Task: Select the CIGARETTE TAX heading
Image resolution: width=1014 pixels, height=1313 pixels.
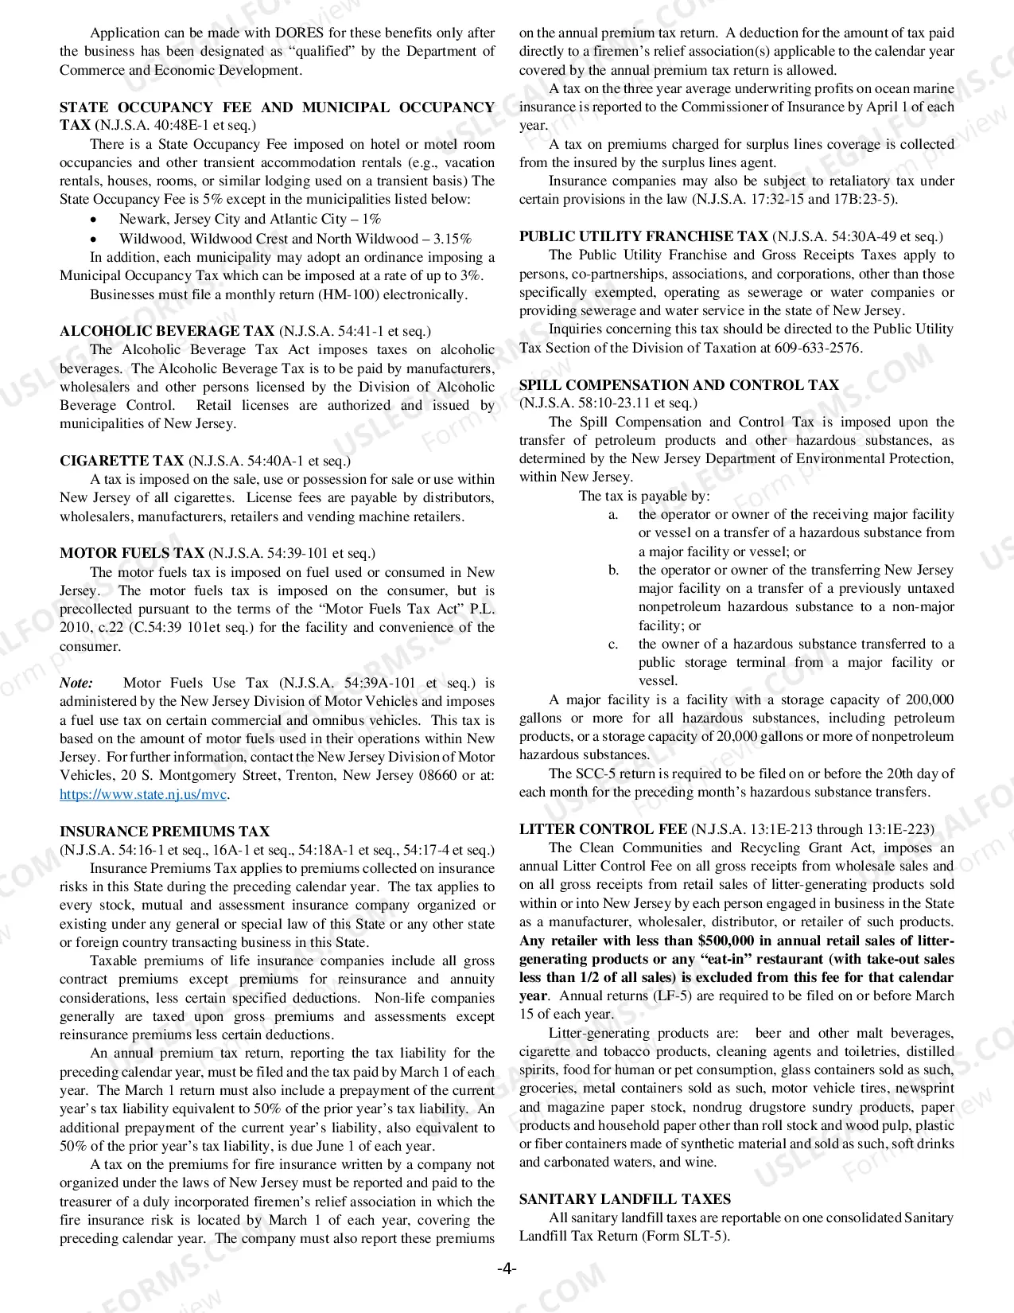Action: (x=122, y=461)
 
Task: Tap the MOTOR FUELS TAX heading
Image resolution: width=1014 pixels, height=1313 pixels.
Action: (x=132, y=553)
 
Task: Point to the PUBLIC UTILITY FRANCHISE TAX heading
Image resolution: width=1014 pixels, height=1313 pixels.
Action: (x=643, y=236)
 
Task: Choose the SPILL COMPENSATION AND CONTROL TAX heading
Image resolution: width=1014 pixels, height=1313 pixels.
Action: (x=678, y=385)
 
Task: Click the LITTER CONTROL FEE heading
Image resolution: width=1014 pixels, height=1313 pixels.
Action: (x=604, y=829)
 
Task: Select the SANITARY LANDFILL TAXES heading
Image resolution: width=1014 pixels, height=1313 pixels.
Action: (x=625, y=1199)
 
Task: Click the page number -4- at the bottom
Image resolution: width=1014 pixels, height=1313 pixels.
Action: (x=507, y=1268)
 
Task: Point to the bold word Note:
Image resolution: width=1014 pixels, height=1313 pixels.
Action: (x=76, y=683)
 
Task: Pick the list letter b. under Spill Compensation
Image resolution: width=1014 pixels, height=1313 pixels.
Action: (x=613, y=570)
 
